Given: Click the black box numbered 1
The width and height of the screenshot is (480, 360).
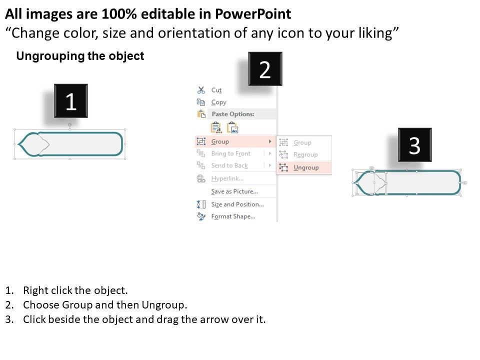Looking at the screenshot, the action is pos(70,100).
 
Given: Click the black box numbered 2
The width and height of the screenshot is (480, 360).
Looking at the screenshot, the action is pos(265,69).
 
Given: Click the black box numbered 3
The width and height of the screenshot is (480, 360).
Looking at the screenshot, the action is pos(415,145).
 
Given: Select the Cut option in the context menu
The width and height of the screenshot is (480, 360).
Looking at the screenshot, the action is pos(216,90).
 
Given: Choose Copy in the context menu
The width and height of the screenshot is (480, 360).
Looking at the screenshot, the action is pos(218,102).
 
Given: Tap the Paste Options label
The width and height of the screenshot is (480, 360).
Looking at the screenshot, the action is pos(233,114).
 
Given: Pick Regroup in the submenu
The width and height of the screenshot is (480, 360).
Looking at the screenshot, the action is pos(305,154).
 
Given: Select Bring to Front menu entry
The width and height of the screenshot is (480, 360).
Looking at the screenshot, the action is pos(231,153).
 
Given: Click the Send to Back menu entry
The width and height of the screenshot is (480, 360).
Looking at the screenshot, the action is pos(229,165).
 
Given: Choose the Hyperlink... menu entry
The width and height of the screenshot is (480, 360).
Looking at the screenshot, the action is pos(227,178).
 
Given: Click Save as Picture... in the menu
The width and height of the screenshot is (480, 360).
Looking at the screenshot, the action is pos(234,191).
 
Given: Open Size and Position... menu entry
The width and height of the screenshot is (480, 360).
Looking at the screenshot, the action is pos(237,204).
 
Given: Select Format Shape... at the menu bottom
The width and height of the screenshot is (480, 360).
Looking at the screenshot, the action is pos(233,216).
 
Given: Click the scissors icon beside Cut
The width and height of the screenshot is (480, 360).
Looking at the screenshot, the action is pos(201,90).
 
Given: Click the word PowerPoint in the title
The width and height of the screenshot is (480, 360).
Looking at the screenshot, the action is pos(253,14).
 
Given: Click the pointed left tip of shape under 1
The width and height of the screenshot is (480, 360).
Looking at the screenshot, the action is pos(18,144).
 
